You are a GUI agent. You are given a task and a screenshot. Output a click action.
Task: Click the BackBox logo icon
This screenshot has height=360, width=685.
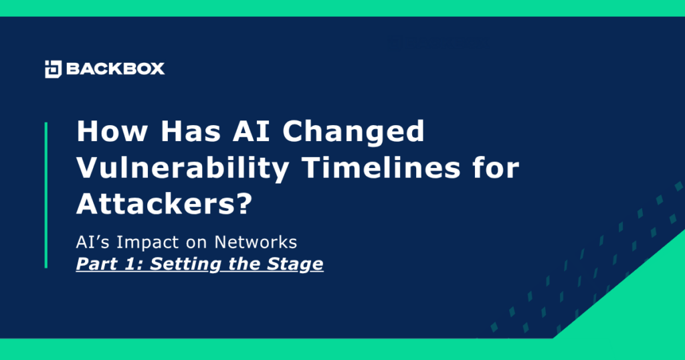tap(53, 68)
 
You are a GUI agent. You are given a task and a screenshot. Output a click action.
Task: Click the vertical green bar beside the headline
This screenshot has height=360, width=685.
tap(46, 195)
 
